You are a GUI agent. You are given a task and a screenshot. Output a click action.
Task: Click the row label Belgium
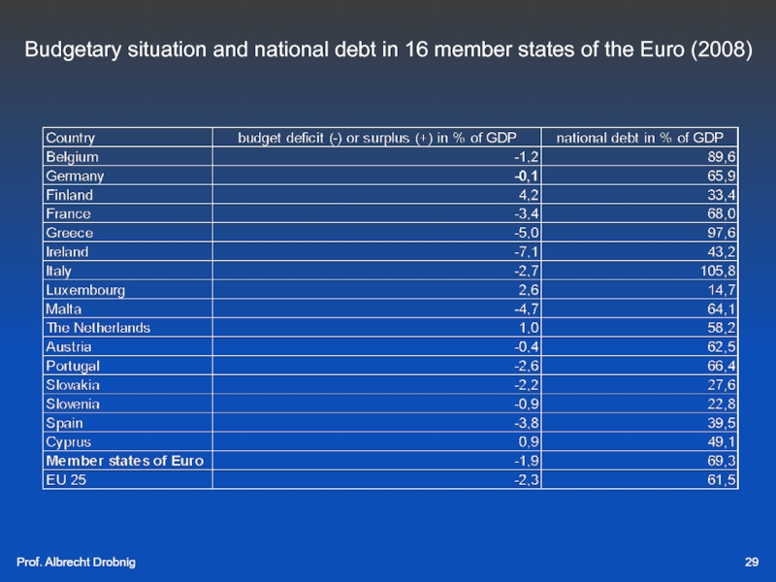(72, 155)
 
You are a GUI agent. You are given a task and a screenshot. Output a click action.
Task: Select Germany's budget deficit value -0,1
(528, 177)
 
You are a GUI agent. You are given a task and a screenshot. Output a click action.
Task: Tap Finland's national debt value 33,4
(722, 195)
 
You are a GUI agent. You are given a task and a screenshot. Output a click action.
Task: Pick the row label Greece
(70, 233)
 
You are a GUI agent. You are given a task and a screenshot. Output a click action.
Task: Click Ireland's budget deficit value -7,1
(528, 251)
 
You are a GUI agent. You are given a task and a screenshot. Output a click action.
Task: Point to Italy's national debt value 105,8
(718, 271)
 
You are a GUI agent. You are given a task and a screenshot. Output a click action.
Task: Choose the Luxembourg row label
(85, 290)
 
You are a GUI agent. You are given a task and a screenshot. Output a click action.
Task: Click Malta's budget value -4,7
(528, 308)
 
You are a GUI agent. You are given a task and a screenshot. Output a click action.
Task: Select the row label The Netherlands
(98, 328)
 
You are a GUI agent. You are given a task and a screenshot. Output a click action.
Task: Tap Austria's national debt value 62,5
(722, 346)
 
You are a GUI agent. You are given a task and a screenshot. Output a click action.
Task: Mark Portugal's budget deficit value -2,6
(528, 366)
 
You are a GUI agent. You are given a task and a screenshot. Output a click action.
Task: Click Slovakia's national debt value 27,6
(722, 385)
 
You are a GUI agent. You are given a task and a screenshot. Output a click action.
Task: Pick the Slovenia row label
(73, 404)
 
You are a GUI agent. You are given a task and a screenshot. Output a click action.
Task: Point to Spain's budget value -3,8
(528, 423)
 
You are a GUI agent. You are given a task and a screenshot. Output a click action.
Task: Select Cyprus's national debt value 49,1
(722, 441)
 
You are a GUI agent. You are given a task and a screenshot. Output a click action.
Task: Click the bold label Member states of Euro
(124, 461)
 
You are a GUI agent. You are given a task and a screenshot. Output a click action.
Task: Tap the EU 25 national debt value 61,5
(722, 479)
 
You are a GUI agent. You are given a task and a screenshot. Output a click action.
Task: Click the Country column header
(71, 138)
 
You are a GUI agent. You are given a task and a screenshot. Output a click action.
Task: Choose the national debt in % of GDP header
(646, 138)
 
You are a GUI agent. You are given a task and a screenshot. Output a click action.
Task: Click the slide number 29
(751, 564)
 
